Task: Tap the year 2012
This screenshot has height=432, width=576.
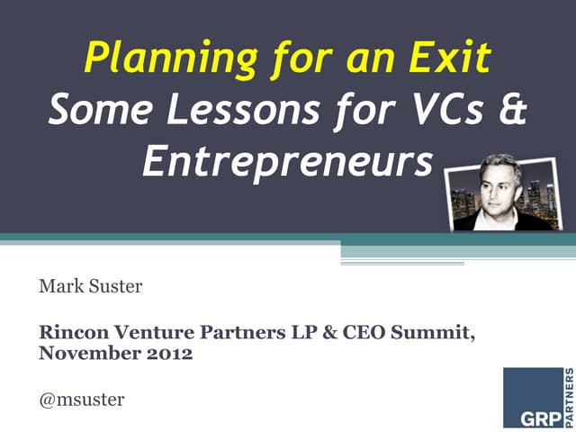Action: (168, 353)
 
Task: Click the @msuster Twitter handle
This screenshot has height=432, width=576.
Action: (82, 399)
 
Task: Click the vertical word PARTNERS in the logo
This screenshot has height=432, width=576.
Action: (568, 397)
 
